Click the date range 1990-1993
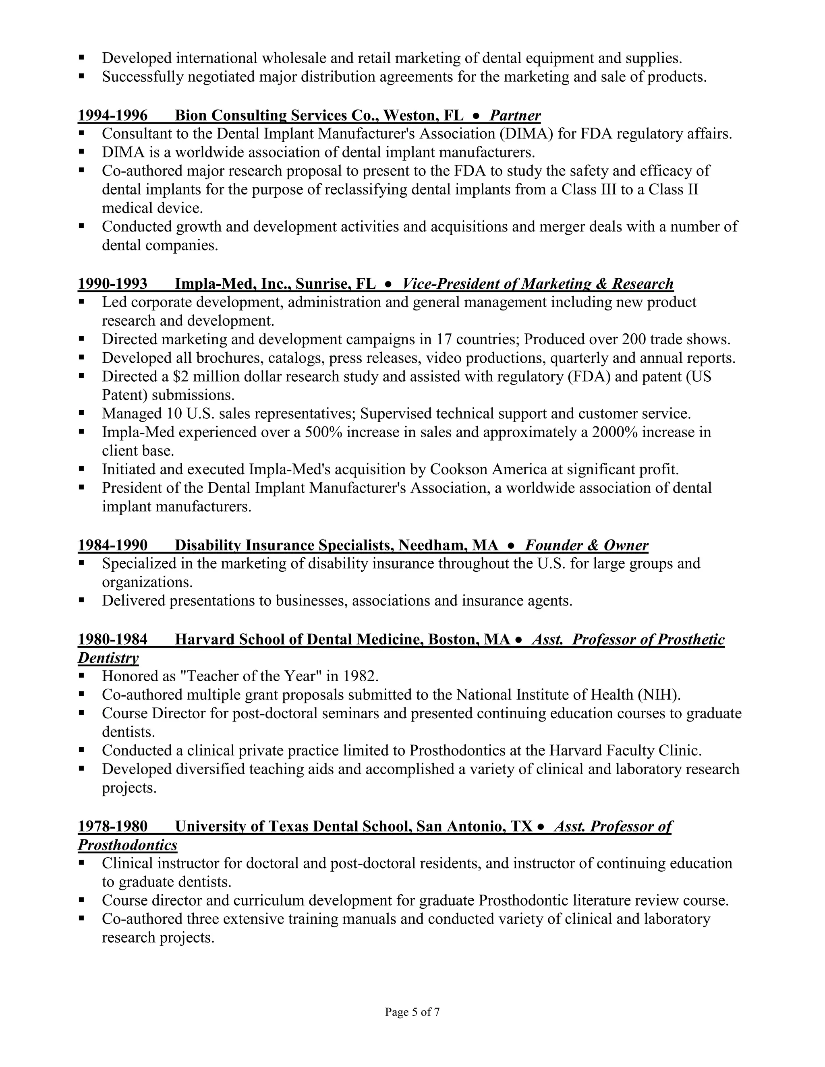point(112,284)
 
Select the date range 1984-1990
point(112,545)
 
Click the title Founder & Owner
point(587,545)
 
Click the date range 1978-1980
point(112,826)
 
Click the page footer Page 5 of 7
point(412,1012)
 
